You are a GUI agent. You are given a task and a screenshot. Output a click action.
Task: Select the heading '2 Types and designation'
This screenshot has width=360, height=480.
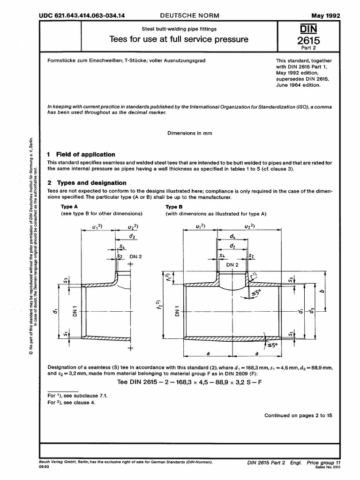[87, 183]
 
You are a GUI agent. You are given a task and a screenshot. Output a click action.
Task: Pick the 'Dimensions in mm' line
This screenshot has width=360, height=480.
[190, 133]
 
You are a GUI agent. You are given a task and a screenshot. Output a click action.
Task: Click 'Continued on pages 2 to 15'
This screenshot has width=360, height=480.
[298, 415]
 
